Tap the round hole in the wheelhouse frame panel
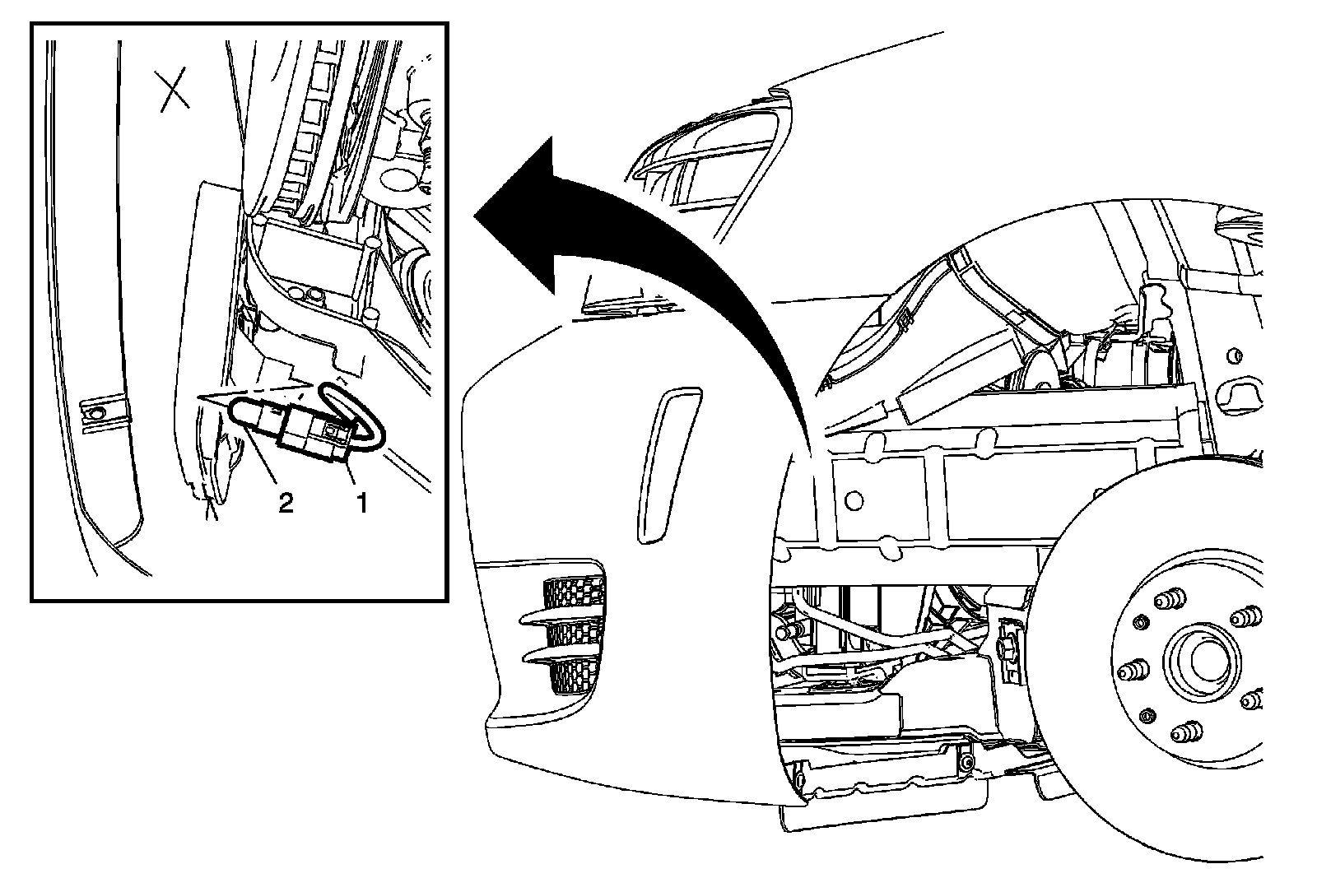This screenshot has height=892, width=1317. coord(853,499)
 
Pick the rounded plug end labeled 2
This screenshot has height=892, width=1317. coord(247,411)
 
